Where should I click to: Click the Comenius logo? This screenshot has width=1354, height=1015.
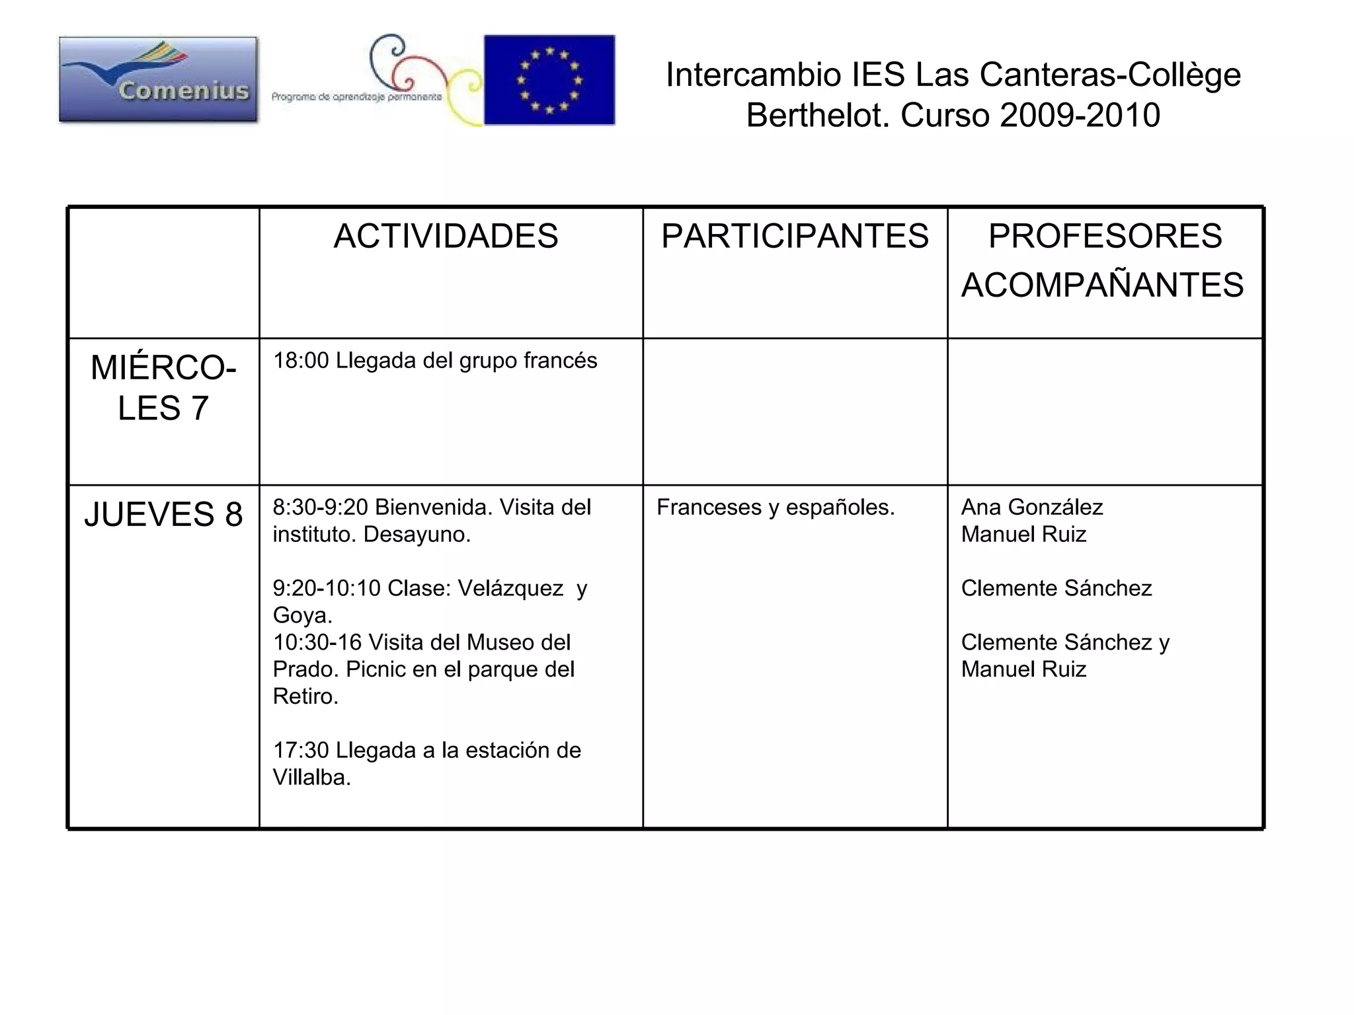click(158, 79)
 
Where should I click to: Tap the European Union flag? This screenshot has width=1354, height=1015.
click(549, 80)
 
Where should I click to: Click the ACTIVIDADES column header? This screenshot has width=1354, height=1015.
click(446, 236)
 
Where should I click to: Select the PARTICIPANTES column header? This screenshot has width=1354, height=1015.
click(795, 236)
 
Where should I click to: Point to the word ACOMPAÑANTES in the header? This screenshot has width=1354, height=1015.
click(1102, 285)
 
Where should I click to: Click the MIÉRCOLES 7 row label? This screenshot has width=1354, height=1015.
click(163, 387)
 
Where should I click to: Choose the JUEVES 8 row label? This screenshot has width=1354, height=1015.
click(163, 514)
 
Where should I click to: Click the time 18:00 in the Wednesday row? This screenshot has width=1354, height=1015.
click(301, 361)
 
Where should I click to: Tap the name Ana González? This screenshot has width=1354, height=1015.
click(1031, 507)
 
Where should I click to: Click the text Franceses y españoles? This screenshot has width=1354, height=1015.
click(776, 507)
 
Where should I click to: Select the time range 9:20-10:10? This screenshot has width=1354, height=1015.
click(327, 587)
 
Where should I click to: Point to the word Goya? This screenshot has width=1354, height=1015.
click(301, 615)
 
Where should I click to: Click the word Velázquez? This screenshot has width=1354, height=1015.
click(510, 587)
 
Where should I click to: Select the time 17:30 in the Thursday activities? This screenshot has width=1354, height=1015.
click(301, 751)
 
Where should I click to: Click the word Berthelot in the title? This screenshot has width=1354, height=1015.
click(817, 115)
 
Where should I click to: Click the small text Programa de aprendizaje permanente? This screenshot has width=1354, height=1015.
click(356, 97)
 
